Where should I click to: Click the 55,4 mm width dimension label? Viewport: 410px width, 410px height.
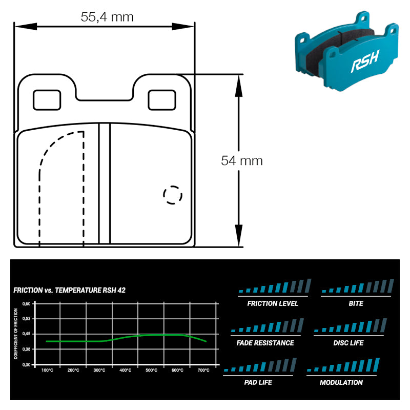click(x=107, y=17)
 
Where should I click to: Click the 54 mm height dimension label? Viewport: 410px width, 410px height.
click(x=242, y=160)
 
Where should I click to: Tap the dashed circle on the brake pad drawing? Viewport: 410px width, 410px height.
click(x=173, y=195)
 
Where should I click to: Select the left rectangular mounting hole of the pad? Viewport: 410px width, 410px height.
click(x=47, y=100)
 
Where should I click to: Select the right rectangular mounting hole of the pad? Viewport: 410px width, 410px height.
click(x=162, y=100)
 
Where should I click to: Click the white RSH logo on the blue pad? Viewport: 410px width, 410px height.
click(x=365, y=61)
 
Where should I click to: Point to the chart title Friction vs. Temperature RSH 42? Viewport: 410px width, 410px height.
click(x=69, y=290)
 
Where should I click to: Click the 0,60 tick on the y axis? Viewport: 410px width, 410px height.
click(x=26, y=303)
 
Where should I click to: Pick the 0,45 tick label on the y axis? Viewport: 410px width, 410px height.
click(x=26, y=334)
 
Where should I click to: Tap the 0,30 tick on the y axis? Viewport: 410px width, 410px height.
click(x=26, y=364)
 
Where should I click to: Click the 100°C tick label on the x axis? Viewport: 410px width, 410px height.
click(x=47, y=370)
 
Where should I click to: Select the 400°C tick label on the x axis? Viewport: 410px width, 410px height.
click(x=125, y=370)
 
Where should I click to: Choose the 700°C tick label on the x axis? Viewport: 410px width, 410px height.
click(x=203, y=370)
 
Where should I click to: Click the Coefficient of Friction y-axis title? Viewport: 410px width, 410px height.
click(x=16, y=334)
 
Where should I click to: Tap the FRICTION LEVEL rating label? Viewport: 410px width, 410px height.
click(x=273, y=303)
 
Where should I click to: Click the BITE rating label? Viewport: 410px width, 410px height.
click(x=356, y=303)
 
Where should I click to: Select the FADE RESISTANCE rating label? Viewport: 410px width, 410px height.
click(x=265, y=343)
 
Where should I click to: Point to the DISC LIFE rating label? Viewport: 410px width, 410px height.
click(x=348, y=343)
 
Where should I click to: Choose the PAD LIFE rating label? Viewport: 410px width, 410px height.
click(x=258, y=382)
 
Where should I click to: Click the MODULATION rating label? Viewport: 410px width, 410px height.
click(x=341, y=382)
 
